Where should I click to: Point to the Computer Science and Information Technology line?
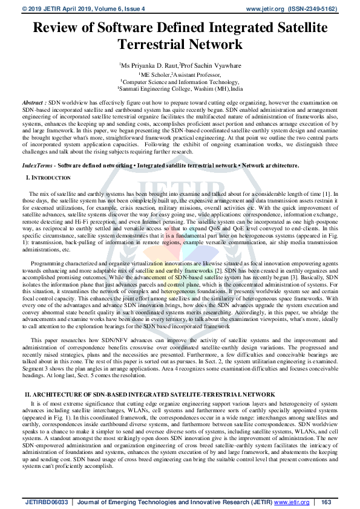pyautogui.click(x=180, y=81)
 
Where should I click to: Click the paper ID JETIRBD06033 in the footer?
pyautogui.click(x=45, y=502)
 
